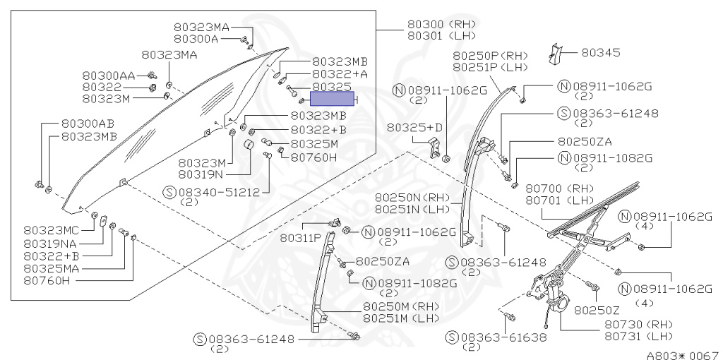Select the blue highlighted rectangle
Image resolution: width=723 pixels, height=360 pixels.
[334, 100]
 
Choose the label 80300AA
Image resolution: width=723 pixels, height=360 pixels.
[108, 76]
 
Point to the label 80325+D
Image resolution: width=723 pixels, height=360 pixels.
[414, 127]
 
